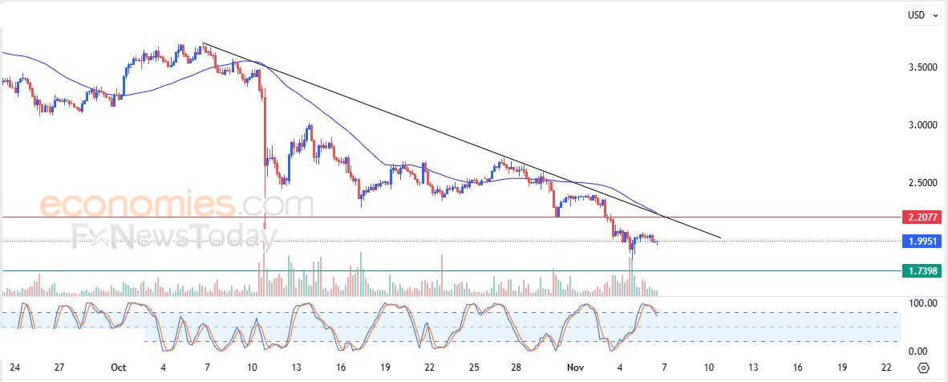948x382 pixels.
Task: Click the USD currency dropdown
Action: [x=922, y=14]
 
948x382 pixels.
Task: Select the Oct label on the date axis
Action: [x=118, y=368]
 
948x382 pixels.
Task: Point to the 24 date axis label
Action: [x=14, y=368]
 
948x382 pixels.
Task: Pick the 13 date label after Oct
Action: [x=296, y=368]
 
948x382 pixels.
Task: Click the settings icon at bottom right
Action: [x=924, y=368]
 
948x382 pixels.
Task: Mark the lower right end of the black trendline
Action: [x=720, y=238]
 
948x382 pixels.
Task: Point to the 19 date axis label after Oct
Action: [x=385, y=368]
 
